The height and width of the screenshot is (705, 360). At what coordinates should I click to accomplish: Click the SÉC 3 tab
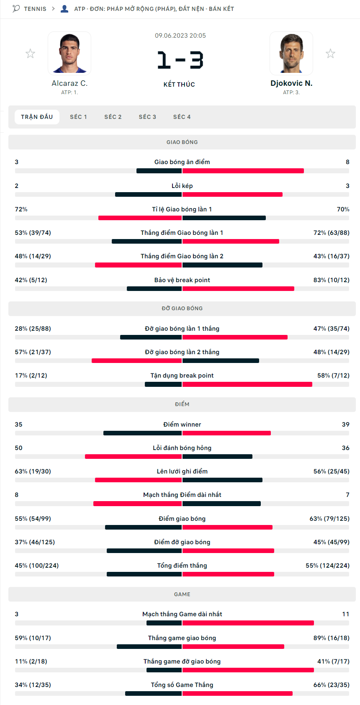coord(147,117)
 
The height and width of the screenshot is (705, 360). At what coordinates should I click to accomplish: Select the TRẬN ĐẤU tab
coord(37,117)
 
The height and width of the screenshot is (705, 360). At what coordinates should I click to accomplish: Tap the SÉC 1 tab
coord(78,117)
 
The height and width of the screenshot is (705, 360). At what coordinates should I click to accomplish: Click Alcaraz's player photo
coord(69,53)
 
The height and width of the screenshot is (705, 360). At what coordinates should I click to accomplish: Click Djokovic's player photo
coord(291,53)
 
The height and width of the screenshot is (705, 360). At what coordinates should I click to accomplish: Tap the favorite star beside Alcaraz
coord(30,54)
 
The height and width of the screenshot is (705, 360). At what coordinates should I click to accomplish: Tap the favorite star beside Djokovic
coord(331,54)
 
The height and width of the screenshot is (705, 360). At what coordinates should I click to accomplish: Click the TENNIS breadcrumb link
coord(35,9)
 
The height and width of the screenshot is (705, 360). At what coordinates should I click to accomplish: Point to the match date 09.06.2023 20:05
coord(180,36)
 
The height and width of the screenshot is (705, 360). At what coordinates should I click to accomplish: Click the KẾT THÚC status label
coord(179,85)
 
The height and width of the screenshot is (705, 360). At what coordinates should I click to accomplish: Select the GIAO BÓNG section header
coord(182,142)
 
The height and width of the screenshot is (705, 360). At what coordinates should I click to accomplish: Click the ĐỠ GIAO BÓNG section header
coord(182,309)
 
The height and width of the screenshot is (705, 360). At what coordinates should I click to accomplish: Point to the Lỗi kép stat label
coord(182,186)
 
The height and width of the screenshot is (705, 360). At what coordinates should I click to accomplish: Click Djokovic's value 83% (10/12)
coord(331,280)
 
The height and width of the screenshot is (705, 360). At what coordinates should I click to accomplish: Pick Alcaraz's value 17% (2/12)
coord(31,376)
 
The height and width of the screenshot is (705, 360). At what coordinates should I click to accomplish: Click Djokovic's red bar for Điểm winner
coord(226,433)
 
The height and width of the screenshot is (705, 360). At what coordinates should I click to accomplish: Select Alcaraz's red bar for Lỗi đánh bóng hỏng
coord(133,457)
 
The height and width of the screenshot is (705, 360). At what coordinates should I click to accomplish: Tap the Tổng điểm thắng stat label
coord(182,566)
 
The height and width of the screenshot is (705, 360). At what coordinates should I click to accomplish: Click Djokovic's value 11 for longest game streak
coord(345,614)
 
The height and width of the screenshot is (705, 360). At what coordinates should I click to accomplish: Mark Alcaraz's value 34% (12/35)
coord(33,685)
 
